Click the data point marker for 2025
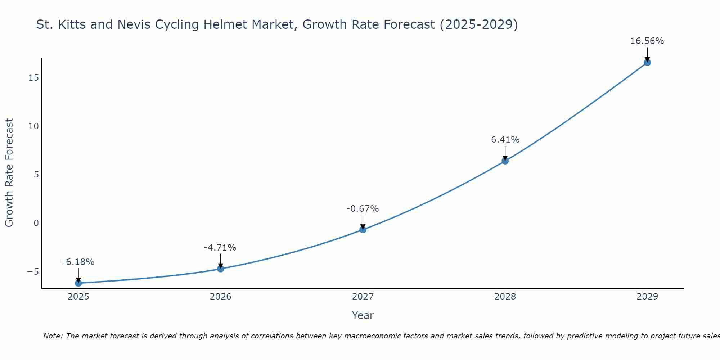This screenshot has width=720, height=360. (78, 283)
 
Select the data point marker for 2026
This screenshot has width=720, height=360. (221, 269)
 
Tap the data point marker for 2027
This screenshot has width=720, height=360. (363, 229)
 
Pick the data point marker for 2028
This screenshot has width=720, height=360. (505, 161)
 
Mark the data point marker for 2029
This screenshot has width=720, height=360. (647, 62)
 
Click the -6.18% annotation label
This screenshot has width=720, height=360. (78, 262)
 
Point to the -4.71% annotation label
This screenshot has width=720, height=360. (220, 248)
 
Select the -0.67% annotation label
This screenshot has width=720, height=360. (363, 209)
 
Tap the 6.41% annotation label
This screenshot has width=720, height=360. (505, 140)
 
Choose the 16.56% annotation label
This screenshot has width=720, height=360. (647, 41)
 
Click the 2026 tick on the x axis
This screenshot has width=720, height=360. (221, 297)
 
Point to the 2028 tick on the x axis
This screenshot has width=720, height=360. (505, 297)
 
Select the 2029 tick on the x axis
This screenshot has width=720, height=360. (647, 297)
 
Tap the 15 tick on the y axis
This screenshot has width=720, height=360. (33, 78)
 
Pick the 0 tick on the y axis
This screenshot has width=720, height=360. (36, 223)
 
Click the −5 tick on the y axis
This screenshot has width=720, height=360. (33, 271)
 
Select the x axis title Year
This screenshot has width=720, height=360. (363, 315)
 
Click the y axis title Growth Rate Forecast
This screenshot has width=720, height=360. (9, 172)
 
